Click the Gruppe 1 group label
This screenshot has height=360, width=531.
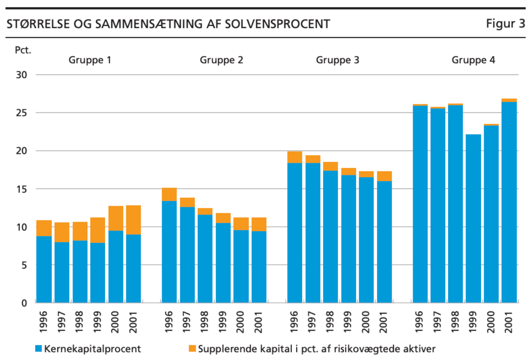pyautogui.click(x=90, y=60)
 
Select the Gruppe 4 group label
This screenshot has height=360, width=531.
pyautogui.click(x=473, y=60)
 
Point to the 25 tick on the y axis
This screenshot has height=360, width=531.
pyautogui.click(x=21, y=113)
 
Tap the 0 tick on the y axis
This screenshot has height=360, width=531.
pyautogui.click(x=24, y=303)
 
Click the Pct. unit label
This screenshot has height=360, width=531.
pyautogui.click(x=23, y=50)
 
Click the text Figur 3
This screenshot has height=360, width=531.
pyautogui.click(x=505, y=24)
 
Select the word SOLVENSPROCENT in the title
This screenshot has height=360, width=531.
pyautogui.click(x=277, y=24)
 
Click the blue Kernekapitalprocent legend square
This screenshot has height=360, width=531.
pyautogui.click(x=38, y=348)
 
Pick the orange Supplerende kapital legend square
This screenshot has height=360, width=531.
pyautogui.click(x=192, y=348)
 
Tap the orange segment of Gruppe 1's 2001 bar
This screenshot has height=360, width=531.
pyautogui.click(x=133, y=220)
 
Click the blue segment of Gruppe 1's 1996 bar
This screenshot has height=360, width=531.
pyautogui.click(x=44, y=269)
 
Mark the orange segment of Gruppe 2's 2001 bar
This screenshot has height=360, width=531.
pyautogui.click(x=259, y=224)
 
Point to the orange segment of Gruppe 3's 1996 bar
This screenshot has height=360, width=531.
pyautogui.click(x=295, y=157)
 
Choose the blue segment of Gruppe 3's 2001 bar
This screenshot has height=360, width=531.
pyautogui.click(x=384, y=242)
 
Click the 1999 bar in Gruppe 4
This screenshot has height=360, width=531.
pyautogui.click(x=473, y=218)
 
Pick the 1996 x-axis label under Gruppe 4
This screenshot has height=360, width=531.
pyautogui.click(x=420, y=322)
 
